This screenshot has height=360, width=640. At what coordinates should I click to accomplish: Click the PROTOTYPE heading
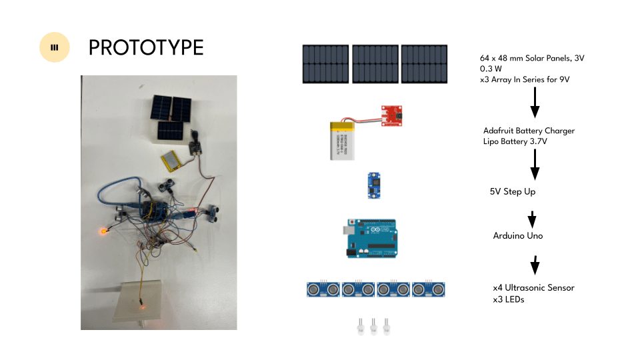(x=146, y=48)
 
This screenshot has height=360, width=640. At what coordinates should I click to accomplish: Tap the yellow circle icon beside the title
(x=54, y=47)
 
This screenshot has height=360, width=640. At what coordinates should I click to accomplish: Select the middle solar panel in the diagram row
(x=375, y=64)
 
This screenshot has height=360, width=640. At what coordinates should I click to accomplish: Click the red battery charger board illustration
(x=391, y=116)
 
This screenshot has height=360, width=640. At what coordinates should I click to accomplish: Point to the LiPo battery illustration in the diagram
(x=342, y=141)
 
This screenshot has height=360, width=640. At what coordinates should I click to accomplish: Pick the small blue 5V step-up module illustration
(x=374, y=186)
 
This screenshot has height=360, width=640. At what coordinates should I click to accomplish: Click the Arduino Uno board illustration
(x=371, y=239)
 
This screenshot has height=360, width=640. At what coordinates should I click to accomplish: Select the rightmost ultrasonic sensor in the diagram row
(x=428, y=289)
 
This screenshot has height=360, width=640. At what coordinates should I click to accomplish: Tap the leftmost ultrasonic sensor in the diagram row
(x=323, y=289)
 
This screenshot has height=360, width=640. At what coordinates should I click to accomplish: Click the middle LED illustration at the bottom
(x=373, y=327)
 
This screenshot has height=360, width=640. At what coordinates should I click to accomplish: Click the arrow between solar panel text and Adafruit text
(x=535, y=103)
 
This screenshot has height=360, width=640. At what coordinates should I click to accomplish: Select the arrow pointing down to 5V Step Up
(x=535, y=165)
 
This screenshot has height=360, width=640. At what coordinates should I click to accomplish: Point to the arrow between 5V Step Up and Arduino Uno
(x=532, y=219)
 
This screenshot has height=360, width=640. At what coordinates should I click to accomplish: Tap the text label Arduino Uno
(x=518, y=235)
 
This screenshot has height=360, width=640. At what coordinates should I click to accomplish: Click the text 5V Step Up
(x=513, y=191)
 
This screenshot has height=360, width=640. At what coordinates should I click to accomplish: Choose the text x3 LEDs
(x=509, y=299)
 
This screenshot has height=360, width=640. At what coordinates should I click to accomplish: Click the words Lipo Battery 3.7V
(x=515, y=141)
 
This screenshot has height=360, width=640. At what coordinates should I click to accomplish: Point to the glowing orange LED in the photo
(x=104, y=231)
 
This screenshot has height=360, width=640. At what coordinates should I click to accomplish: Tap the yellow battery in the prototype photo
(x=171, y=161)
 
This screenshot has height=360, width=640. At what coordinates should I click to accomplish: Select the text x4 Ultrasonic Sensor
(x=533, y=288)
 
